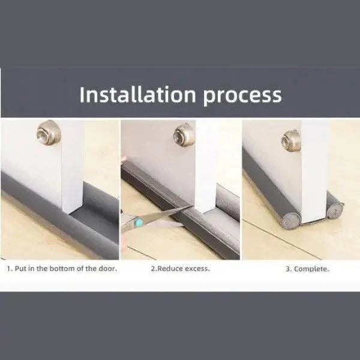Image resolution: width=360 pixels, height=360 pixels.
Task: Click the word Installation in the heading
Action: tap(137, 94)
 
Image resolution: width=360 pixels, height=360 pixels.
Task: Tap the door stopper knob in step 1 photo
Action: tap(49, 133)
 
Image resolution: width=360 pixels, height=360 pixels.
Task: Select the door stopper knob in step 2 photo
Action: tap(184, 135)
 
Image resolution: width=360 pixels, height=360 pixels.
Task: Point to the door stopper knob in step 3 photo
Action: tap(291, 140)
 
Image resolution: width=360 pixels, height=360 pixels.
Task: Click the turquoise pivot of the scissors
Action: tap(139, 222)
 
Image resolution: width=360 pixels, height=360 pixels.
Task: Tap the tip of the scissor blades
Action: tap(192, 206)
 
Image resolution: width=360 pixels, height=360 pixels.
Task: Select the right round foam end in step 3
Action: tap(335, 210)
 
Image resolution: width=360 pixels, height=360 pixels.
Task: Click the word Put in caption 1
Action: tap(20, 268)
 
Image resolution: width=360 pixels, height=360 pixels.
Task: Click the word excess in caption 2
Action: tap(197, 269)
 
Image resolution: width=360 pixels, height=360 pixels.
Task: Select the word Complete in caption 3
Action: tap(311, 269)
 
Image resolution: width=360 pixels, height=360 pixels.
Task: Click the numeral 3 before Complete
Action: tap(287, 269)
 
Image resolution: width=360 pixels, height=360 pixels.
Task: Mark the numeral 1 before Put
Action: tap(9, 269)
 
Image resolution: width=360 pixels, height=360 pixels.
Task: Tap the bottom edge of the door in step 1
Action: tap(73, 211)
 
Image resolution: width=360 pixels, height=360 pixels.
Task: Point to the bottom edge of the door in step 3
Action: tap(314, 220)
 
